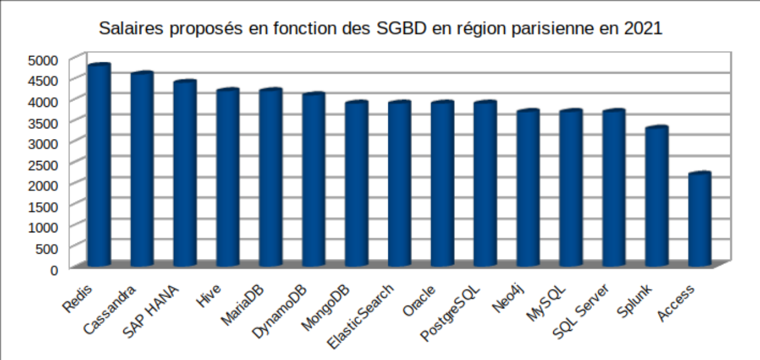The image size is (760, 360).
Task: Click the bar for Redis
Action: pos(99,166)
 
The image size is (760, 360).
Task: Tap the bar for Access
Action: pos(699,220)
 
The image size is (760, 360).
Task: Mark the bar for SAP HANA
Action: pos(185,175)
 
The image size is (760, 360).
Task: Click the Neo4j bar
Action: pos(528,190)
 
